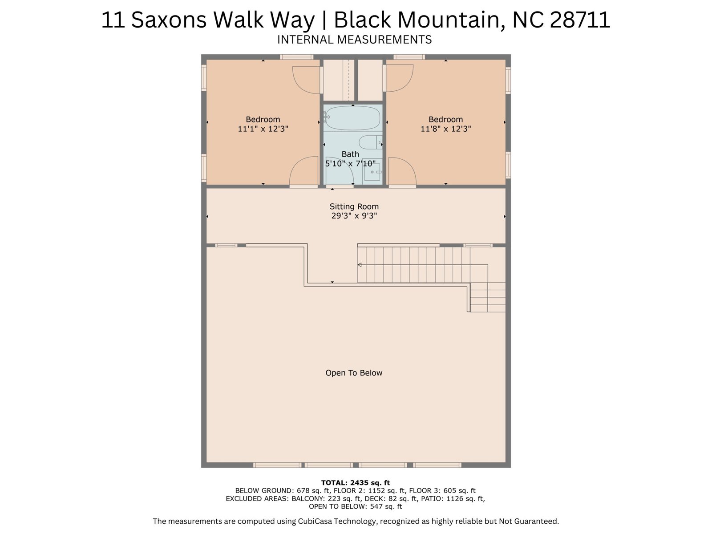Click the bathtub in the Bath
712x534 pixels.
(352, 117)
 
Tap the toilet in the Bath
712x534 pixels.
(370, 142)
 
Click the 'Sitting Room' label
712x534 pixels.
(354, 206)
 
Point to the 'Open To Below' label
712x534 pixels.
(354, 373)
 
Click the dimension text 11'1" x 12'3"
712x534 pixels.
(263, 129)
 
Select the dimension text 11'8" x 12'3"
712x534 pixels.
(446, 129)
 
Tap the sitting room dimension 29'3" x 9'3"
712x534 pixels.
(354, 216)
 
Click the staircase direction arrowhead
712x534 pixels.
(360, 265)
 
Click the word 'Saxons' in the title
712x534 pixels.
(169, 20)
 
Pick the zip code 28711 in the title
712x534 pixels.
(580, 20)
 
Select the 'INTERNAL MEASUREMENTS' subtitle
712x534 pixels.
(354, 40)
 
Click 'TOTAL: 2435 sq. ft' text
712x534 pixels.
(356, 483)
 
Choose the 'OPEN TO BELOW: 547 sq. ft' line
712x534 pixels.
(356, 506)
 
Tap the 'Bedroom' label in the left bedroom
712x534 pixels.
(263, 119)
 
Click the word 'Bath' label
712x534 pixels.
(350, 154)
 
